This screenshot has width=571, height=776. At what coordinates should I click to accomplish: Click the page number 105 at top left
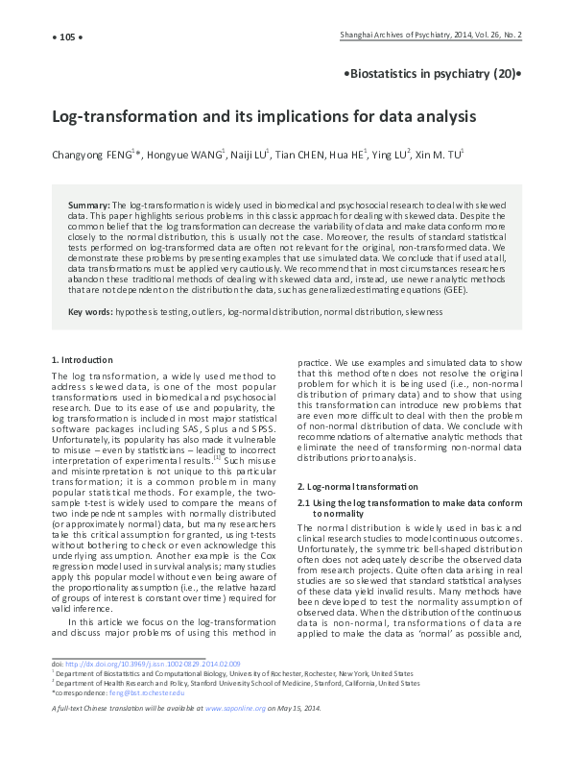[66, 36]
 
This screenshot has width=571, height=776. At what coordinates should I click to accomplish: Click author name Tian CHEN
[297, 154]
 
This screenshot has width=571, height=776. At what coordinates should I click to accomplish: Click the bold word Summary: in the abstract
[89, 206]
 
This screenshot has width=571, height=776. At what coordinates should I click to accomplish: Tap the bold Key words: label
[90, 312]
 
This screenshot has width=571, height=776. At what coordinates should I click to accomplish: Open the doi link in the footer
[150, 664]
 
